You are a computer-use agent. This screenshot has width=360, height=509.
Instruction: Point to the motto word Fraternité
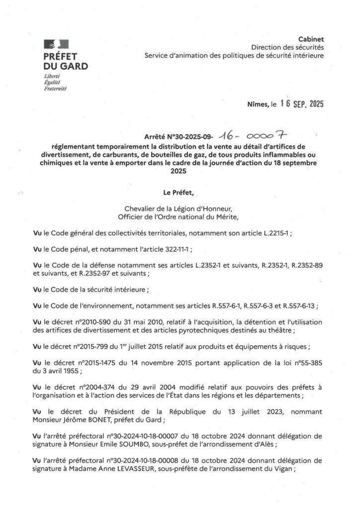pos(55,89)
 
